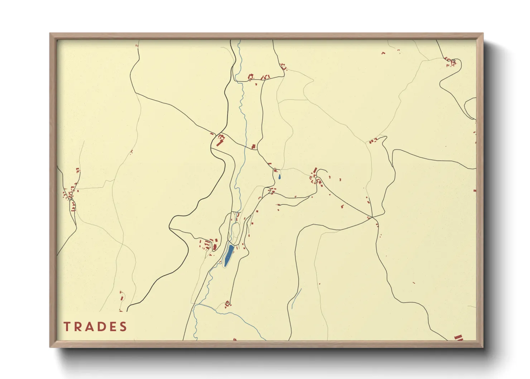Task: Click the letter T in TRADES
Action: click(x=67, y=327)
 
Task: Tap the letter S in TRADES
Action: click(x=123, y=327)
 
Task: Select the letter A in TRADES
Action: click(x=89, y=327)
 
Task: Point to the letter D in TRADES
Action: click(x=101, y=327)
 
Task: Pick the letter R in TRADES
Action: click(x=78, y=327)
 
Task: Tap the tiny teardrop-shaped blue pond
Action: click(x=279, y=177)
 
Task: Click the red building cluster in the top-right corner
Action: click(x=451, y=62)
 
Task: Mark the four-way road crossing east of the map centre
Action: click(x=372, y=217)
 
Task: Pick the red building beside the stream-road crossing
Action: click(x=254, y=146)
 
